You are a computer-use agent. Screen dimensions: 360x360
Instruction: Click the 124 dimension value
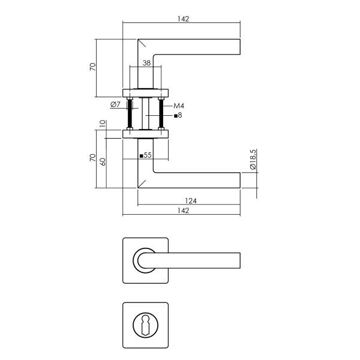pos(192,200)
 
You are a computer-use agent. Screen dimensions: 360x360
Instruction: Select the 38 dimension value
pos(146,62)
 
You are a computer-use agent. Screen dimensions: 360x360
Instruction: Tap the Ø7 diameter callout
pos(116,105)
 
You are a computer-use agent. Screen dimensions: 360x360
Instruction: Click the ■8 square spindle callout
pos(178,115)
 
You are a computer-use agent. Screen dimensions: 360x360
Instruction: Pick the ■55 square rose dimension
pos(145,155)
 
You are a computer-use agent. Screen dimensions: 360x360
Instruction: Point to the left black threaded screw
pos(130,113)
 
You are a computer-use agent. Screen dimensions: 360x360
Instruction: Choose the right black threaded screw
pos(161,113)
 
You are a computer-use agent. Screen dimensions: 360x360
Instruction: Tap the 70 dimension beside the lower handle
pos(92,158)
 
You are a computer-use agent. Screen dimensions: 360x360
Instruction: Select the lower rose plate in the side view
pos(146,133)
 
